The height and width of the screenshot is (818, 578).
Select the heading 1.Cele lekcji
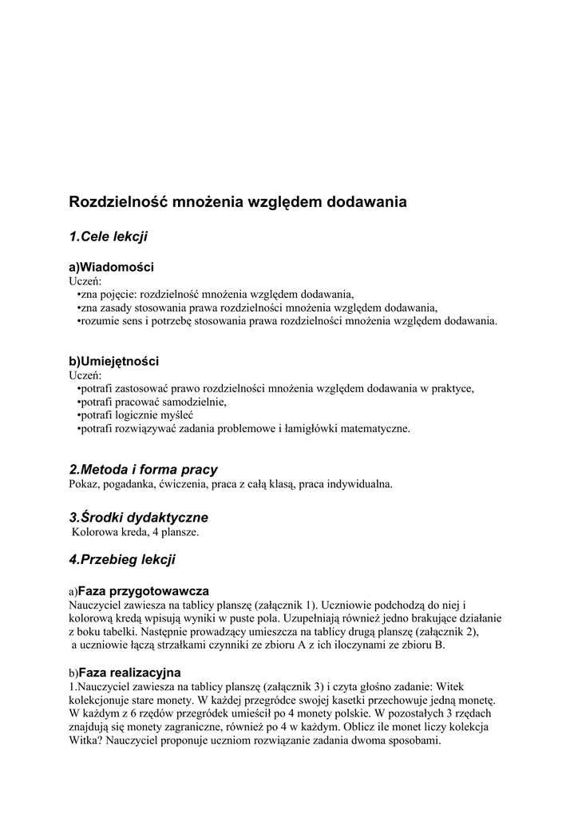(109, 236)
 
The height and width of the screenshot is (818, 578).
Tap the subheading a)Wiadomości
(112, 267)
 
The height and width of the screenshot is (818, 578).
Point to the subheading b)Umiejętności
(114, 361)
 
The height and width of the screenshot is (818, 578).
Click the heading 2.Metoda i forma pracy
(144, 470)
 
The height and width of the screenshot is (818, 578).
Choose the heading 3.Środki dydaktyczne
(139, 518)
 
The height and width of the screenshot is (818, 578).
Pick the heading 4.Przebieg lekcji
(122, 560)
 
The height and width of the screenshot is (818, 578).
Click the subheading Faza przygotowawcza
(143, 591)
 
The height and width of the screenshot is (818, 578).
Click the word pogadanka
(129, 483)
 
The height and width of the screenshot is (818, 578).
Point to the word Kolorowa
(96, 531)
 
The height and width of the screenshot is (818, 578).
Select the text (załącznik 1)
(276, 605)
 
